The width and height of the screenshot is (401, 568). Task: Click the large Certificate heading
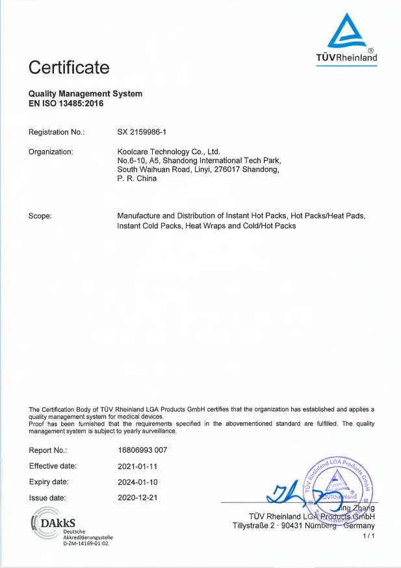69,67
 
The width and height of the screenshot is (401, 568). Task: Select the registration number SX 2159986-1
142,133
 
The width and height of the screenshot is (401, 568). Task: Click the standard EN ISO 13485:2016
66,103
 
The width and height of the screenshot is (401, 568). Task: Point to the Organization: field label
51,152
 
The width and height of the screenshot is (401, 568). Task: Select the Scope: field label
40,215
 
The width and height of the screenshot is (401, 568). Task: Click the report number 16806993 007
142,450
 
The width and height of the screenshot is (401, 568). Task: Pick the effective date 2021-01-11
137,466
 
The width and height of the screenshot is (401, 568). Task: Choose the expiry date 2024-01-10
137,482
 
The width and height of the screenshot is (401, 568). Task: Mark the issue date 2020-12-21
137,498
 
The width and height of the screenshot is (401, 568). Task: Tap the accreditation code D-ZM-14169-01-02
85,543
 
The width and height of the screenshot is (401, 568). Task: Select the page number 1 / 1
369,535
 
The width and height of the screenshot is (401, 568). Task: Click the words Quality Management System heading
85,94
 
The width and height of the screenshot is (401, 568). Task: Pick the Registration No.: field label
57,133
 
